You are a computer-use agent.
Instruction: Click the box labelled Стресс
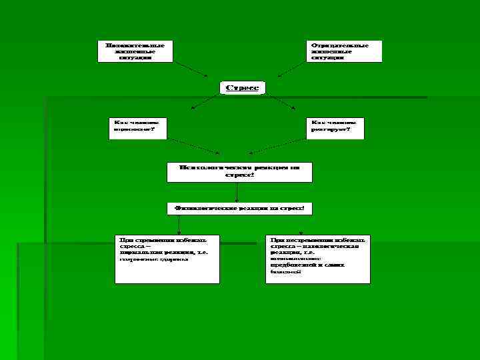[x=243, y=87]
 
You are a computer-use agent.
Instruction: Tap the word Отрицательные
[x=340, y=45]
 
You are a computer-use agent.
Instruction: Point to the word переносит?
[x=133, y=129]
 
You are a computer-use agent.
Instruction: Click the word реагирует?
[x=329, y=129]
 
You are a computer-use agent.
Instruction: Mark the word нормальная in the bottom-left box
[x=142, y=253]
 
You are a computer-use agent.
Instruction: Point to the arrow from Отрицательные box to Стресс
[x=293, y=69]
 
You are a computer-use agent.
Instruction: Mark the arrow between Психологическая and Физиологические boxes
[x=237, y=192]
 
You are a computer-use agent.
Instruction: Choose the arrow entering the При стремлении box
[x=179, y=225]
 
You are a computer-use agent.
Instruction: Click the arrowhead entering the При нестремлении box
[x=301, y=233]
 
